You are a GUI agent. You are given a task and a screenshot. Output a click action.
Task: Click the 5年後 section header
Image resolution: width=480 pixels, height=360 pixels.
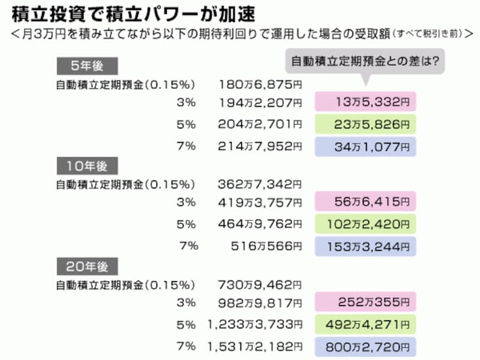(x=87, y=66)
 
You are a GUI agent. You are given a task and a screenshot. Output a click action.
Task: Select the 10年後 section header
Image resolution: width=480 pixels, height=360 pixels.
(x=87, y=166)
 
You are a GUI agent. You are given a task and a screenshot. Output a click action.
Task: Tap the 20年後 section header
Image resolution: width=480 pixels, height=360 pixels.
(x=87, y=266)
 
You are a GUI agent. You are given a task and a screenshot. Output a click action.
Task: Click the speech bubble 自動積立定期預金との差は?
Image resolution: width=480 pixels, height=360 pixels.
(x=365, y=61)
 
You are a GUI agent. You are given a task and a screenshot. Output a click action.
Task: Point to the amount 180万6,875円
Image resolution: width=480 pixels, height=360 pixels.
(x=260, y=85)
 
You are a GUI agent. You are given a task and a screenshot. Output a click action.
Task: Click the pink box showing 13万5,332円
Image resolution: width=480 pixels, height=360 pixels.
(x=365, y=101)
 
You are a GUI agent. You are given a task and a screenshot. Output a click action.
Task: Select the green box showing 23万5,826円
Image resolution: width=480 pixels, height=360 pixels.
(x=365, y=124)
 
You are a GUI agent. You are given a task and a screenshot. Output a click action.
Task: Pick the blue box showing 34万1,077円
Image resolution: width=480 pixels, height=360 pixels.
(x=365, y=147)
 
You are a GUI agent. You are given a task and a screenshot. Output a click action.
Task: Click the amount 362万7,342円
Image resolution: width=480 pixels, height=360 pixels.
(x=260, y=185)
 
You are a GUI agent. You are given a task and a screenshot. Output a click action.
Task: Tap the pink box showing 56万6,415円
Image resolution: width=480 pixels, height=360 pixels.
(x=365, y=202)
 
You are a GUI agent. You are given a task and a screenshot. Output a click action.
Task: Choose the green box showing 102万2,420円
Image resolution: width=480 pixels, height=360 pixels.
(x=365, y=224)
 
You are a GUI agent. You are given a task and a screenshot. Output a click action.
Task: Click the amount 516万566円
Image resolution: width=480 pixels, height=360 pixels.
(x=266, y=246)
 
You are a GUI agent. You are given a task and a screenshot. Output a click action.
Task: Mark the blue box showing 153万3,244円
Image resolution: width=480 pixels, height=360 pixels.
(x=365, y=247)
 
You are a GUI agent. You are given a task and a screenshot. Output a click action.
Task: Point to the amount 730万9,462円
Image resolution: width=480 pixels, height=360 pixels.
(x=260, y=285)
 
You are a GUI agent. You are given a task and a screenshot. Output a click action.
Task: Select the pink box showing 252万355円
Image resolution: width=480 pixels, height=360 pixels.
(x=365, y=302)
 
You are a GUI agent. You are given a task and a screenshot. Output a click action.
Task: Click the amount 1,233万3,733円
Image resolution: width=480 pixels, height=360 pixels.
(x=255, y=325)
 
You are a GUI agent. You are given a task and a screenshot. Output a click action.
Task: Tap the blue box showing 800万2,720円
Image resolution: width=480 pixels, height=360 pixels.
(x=365, y=347)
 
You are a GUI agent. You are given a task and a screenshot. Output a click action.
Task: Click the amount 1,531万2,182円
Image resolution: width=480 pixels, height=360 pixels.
(x=255, y=347)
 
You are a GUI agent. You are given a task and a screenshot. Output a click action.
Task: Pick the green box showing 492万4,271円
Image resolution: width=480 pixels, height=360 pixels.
(x=365, y=325)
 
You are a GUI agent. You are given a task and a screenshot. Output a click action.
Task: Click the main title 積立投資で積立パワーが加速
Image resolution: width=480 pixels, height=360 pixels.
(x=133, y=14)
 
